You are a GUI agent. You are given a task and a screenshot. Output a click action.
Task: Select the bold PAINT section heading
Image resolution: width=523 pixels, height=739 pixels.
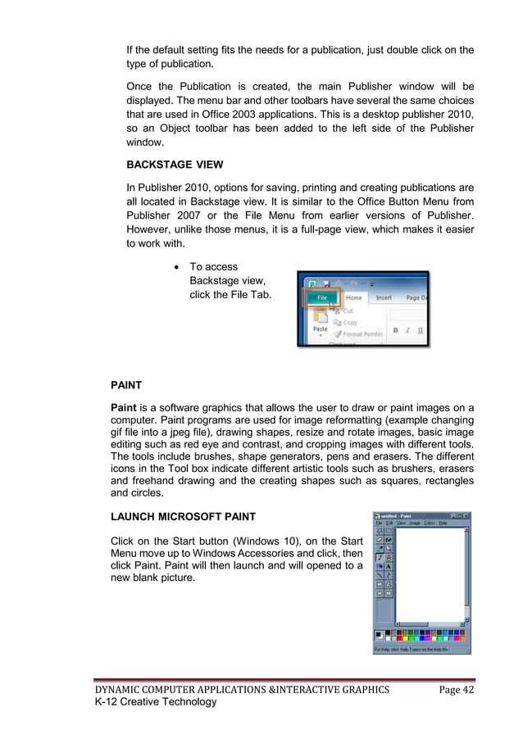128,383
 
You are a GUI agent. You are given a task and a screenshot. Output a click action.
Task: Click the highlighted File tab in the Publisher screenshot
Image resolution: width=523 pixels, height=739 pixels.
321,298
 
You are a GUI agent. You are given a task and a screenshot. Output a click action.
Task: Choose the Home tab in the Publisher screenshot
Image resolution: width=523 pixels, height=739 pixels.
353,298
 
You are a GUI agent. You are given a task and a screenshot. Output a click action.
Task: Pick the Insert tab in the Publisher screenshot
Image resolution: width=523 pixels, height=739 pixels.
384,298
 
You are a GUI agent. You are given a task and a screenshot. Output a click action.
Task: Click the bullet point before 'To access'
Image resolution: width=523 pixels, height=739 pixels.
176,267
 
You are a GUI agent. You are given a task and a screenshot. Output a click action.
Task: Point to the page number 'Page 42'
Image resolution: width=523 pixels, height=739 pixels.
456,689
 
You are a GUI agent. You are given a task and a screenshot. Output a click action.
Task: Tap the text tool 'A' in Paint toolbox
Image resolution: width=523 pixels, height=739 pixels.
388,565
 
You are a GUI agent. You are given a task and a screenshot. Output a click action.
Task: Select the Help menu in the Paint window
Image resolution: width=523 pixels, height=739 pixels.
443,523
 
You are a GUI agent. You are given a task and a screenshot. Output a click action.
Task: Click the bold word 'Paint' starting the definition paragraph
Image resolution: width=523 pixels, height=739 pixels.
125,408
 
